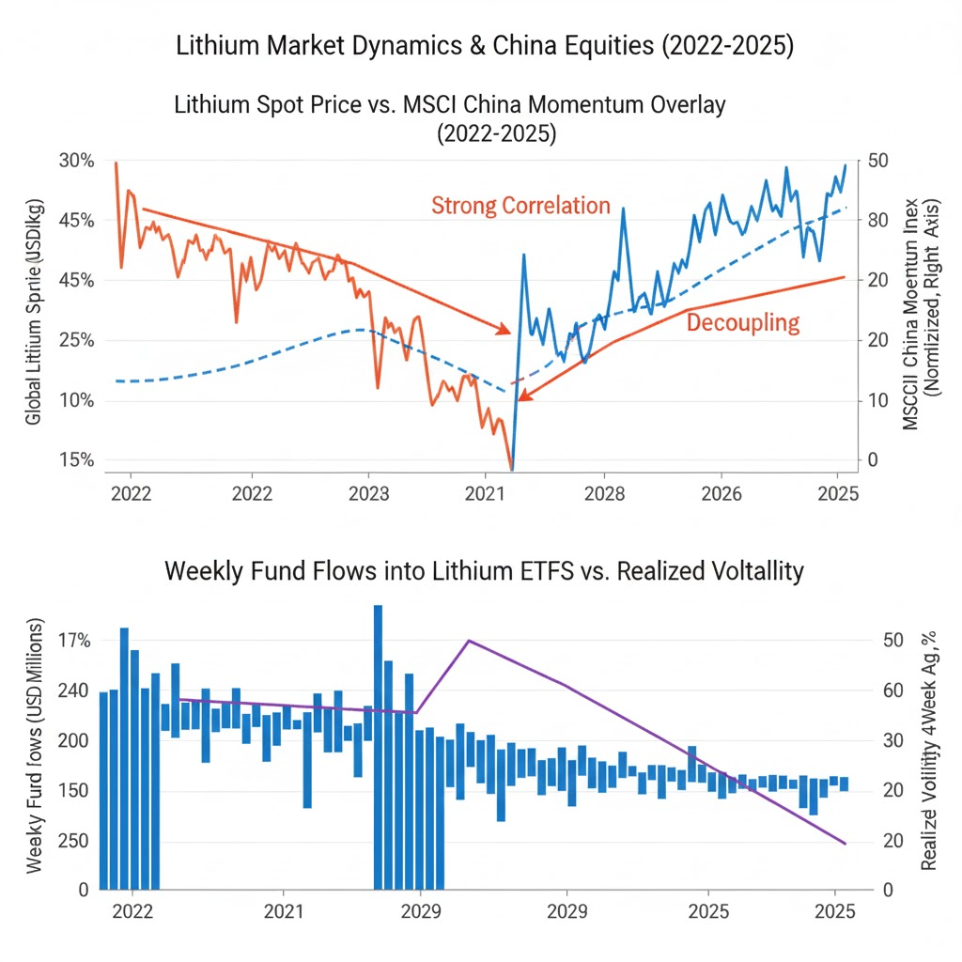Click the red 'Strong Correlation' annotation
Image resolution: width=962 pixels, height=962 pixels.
(x=520, y=206)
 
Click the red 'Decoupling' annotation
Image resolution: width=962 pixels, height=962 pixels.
(x=742, y=323)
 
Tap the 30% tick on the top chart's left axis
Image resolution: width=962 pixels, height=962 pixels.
(x=77, y=161)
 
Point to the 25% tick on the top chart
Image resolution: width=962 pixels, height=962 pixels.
(x=77, y=340)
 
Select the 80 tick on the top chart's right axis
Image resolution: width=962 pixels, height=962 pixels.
(x=879, y=220)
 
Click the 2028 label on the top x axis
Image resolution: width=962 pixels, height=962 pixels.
(x=604, y=492)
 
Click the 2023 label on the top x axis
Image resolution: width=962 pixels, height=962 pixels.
(x=368, y=492)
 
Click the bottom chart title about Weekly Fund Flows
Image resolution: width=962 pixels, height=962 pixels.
(x=485, y=570)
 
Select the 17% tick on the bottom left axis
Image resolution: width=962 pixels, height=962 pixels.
(x=73, y=641)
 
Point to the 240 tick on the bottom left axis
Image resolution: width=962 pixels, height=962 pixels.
(x=71, y=690)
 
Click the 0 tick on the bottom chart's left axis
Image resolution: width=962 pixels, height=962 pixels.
(x=83, y=888)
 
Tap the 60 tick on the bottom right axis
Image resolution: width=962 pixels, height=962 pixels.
(x=887, y=690)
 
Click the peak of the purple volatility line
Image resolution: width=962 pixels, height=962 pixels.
(x=468, y=641)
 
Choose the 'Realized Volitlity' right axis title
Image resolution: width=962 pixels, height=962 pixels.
(x=929, y=752)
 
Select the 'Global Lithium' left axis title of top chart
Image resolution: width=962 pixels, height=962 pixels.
(x=35, y=310)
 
